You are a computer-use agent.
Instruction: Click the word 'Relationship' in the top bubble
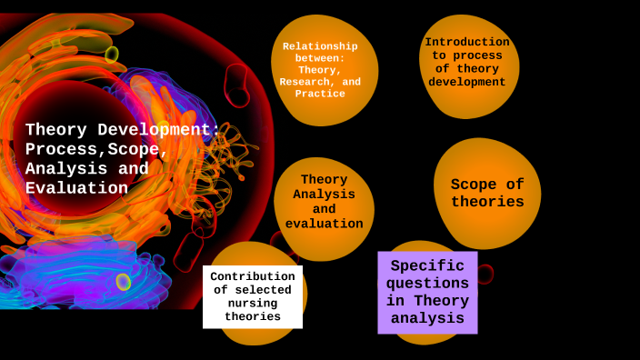coord(320,46)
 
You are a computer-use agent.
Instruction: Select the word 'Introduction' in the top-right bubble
coord(467,42)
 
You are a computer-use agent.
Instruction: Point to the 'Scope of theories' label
coord(487,194)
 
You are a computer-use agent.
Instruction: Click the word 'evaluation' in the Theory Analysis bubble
coord(324,225)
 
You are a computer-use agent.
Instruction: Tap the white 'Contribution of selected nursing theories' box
coord(253,296)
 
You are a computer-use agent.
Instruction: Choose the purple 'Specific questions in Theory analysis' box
coord(427,292)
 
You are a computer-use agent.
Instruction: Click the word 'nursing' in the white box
coord(253,303)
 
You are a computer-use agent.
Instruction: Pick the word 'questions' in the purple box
coord(427,284)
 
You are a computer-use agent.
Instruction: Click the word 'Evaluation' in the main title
coord(76,189)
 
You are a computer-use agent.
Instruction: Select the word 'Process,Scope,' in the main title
coord(96,149)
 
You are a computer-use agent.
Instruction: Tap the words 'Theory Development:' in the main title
coord(123,129)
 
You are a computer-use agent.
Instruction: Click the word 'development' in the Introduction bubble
coord(467,83)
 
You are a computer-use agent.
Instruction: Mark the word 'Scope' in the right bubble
coord(474,185)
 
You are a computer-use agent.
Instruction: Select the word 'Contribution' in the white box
coord(253,276)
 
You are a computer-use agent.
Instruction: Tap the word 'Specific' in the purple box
coord(427,266)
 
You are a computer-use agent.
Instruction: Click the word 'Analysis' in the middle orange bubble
coord(324,195)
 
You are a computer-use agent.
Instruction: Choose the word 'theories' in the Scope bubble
coord(487,203)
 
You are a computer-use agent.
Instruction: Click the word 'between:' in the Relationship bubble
coord(320,58)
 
